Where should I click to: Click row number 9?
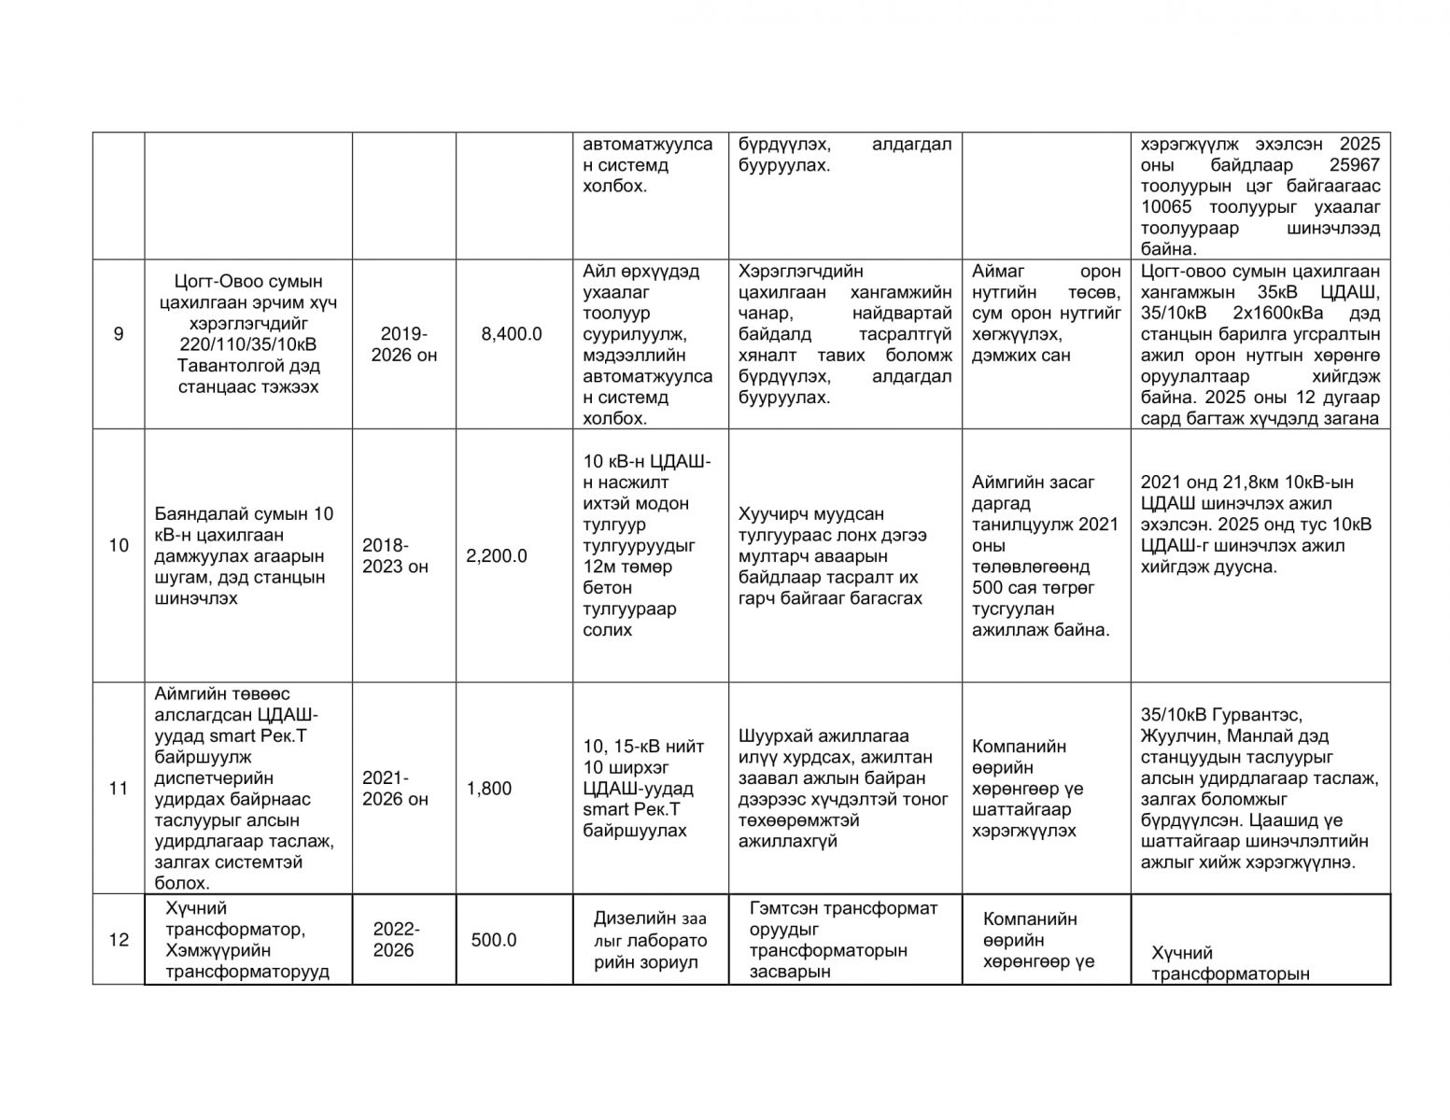pos(118,334)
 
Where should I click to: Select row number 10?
pos(118,545)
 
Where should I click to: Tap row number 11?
pos(118,789)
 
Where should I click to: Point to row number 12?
pos(118,940)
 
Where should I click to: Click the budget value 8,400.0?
pos(512,334)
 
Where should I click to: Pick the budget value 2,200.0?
pos(497,556)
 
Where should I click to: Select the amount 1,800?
pos(489,789)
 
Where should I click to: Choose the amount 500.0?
pos(494,940)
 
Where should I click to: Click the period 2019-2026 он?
pos(404,344)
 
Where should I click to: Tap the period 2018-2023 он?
pos(396,556)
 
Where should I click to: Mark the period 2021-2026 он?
pos(396,789)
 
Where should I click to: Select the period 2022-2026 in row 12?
pos(396,940)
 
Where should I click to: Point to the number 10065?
pos(1171,208)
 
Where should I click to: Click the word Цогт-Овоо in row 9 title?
pos(218,282)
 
